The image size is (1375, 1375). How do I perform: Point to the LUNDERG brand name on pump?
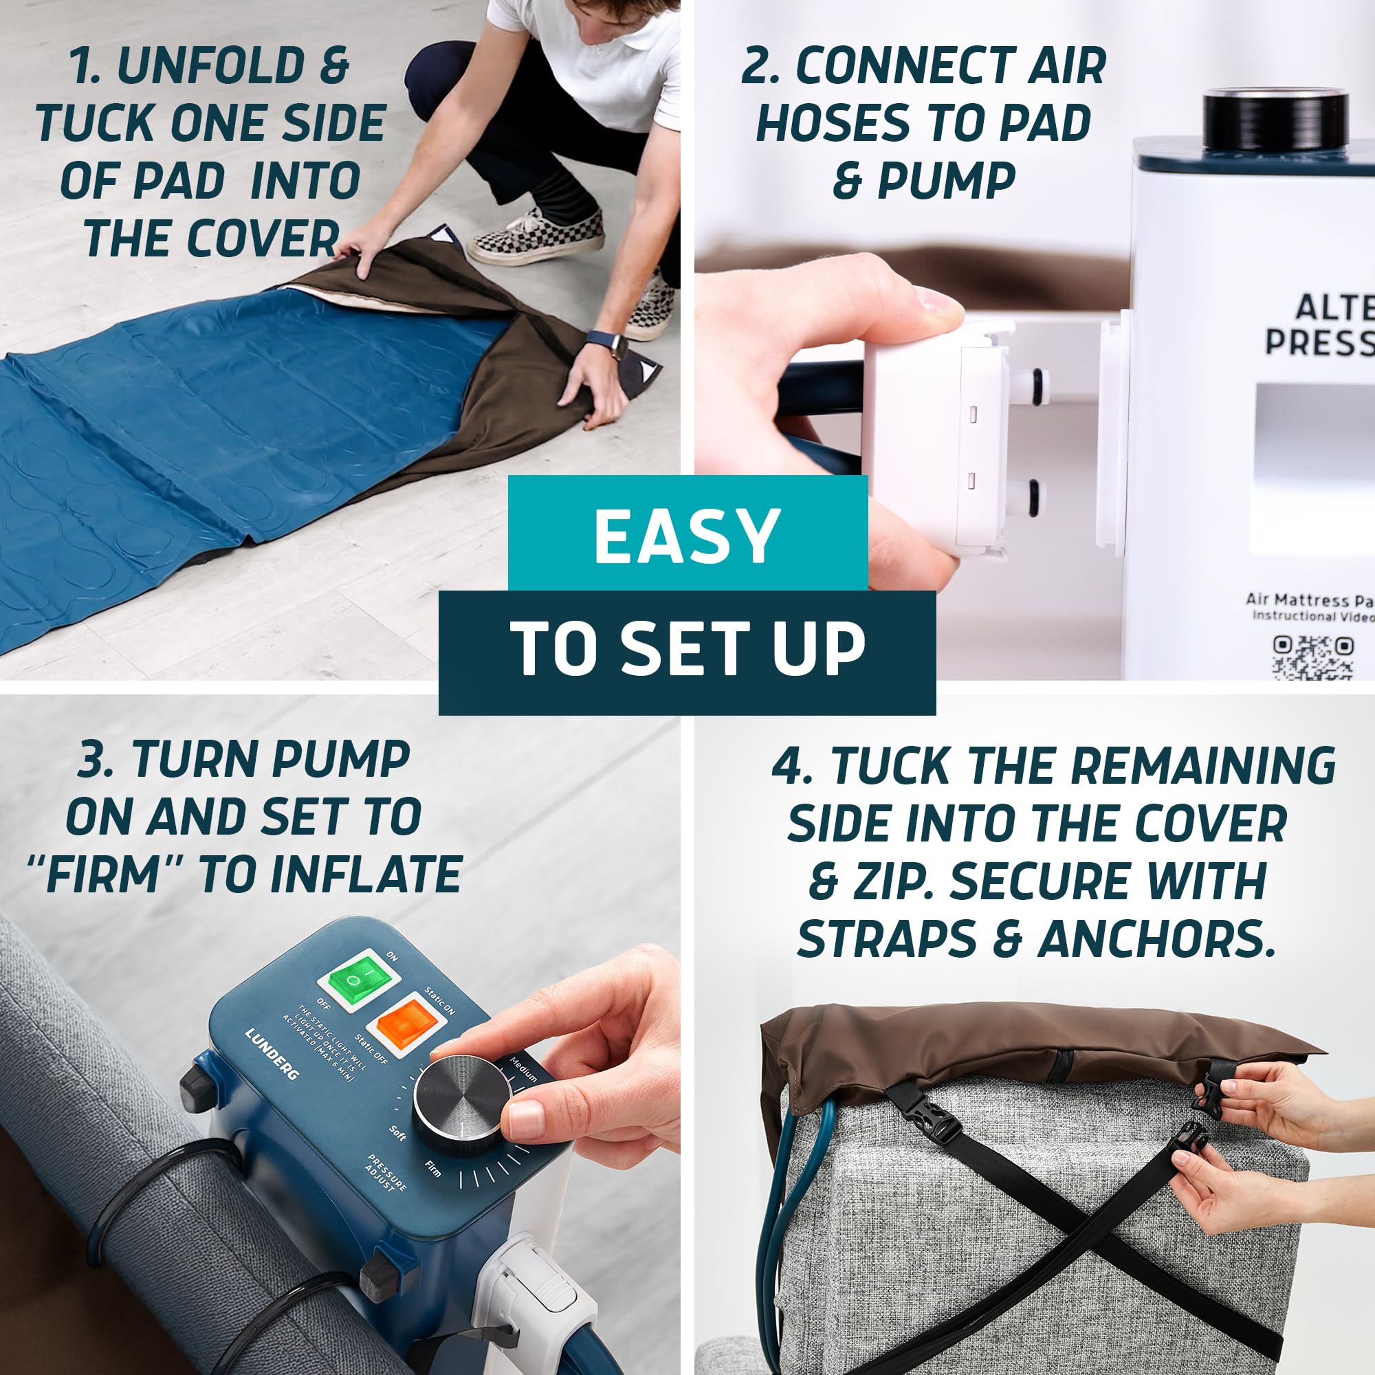[271, 1053]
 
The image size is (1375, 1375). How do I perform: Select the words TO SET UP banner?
[687, 649]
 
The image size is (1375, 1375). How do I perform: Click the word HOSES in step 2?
[843, 123]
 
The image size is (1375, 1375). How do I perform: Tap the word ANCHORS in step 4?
[1155, 939]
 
